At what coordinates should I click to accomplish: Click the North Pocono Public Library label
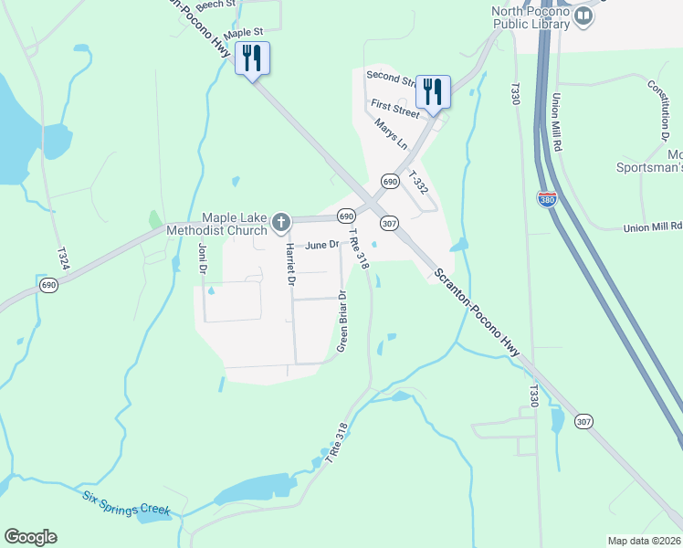point(531,17)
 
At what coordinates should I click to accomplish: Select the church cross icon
point(281,221)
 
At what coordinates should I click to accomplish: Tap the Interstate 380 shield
point(546,200)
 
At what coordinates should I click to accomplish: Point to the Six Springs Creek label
point(126,503)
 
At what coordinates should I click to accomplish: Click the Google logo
point(30,537)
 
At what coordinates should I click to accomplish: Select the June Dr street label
point(322,245)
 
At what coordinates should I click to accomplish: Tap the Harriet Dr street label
point(289,264)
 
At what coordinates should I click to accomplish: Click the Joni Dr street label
point(202,258)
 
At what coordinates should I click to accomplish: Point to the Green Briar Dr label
point(342,321)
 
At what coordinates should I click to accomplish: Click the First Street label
point(394,108)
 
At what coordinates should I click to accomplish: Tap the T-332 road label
point(417,182)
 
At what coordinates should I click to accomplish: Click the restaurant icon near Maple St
point(250,58)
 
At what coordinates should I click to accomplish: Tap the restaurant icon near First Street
point(433,90)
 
